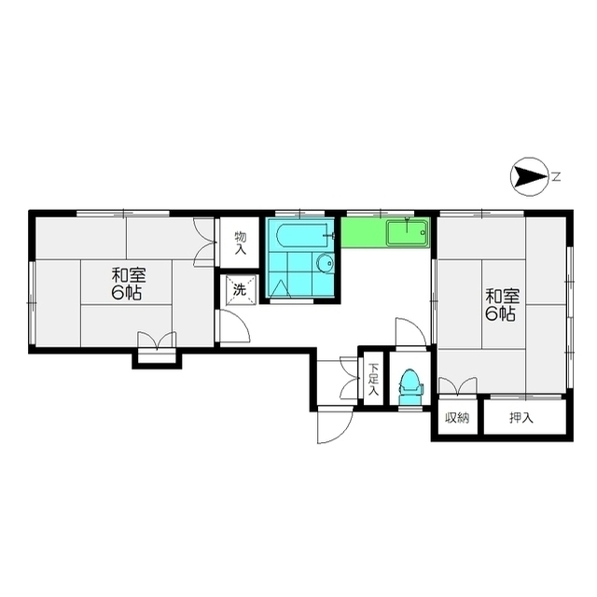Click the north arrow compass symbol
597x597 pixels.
529,177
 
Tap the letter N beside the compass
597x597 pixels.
557,177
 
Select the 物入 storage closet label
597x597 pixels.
241,243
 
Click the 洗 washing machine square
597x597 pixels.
240,290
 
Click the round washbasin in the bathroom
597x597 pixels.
325,263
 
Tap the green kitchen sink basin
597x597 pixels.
407,233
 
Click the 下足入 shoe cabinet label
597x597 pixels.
373,380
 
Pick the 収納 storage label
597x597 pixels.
457,418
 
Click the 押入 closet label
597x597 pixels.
521,418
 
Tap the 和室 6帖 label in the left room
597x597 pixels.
129,284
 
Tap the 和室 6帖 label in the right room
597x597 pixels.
502,305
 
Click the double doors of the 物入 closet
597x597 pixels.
203,243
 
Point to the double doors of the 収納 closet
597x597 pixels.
458,385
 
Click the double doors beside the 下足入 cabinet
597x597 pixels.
350,378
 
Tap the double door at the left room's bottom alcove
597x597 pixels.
157,340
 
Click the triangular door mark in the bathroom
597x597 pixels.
280,289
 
